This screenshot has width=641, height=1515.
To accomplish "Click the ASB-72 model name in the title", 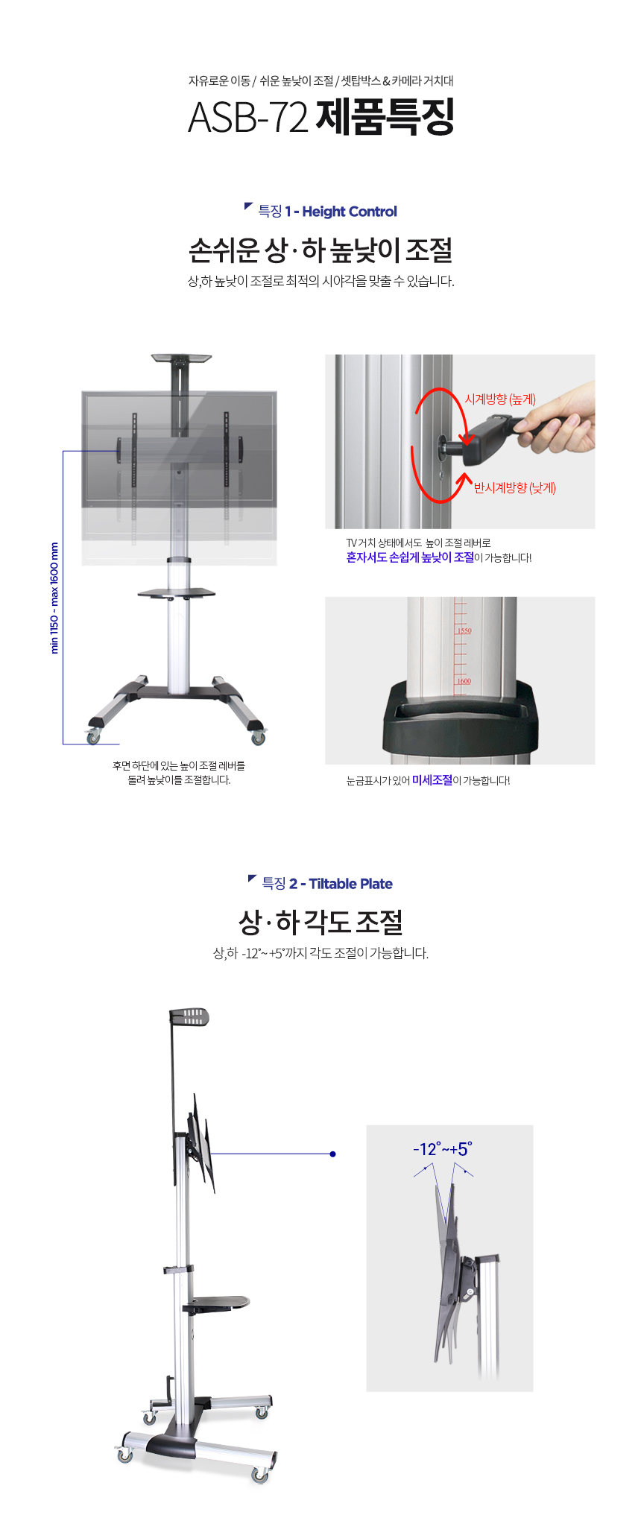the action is pyautogui.click(x=247, y=117).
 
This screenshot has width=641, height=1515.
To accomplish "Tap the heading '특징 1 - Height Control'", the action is pyautogui.click(x=327, y=212).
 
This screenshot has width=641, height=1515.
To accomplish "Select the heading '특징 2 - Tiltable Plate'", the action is pyautogui.click(x=327, y=884).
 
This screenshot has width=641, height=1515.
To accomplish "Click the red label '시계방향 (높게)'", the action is pyautogui.click(x=500, y=399).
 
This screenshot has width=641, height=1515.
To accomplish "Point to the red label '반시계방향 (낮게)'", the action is pyautogui.click(x=515, y=488).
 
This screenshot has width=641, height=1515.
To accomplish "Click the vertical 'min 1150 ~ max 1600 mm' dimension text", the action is pyautogui.click(x=54, y=598).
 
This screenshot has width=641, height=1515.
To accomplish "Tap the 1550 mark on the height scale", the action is pyautogui.click(x=464, y=630).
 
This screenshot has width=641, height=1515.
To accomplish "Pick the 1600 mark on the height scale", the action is pyautogui.click(x=464, y=681).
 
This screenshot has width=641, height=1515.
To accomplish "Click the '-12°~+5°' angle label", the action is pyautogui.click(x=443, y=1149).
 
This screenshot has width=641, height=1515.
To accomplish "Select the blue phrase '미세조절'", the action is pyautogui.click(x=432, y=780).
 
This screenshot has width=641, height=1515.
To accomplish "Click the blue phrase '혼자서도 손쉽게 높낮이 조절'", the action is pyautogui.click(x=410, y=557).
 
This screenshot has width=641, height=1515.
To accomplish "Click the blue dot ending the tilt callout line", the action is pyautogui.click(x=332, y=1154).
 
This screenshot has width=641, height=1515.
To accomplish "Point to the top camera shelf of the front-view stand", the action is pyautogui.click(x=181, y=358).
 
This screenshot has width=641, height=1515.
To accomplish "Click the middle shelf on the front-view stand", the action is pyautogui.click(x=177, y=593).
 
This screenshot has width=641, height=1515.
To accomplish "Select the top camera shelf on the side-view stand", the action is pyautogui.click(x=189, y=1016).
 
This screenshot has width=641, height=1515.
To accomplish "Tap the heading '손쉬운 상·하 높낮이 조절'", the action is pyautogui.click(x=320, y=250).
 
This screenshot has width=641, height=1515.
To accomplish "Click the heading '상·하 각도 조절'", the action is pyautogui.click(x=320, y=923).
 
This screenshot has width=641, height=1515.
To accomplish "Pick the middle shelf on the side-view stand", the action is pyautogui.click(x=217, y=1304).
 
